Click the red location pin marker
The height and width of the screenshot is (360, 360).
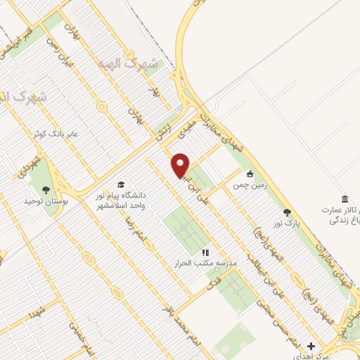181,165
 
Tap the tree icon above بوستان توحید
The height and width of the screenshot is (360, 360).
46,190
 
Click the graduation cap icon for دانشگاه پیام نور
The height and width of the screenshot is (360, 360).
120,185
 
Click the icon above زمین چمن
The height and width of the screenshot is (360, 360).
249,174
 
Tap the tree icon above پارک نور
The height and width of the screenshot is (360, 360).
286,212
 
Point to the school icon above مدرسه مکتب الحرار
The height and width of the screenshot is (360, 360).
205,252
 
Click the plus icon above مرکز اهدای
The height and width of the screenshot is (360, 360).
311,346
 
